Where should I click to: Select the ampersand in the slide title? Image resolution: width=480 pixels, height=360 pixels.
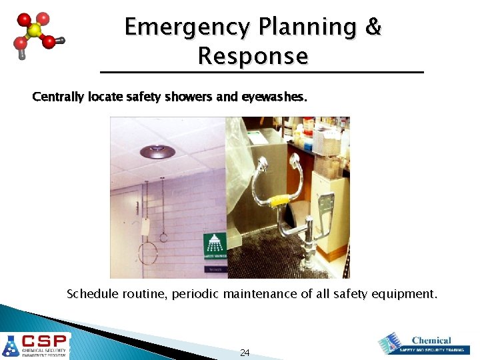click(x=373, y=27)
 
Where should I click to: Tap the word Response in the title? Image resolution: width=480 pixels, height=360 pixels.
click(x=253, y=57)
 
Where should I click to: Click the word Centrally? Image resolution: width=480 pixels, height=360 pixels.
click(x=57, y=97)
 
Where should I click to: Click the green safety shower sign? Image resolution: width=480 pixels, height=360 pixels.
click(x=215, y=246)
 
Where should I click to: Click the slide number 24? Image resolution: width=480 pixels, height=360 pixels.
click(x=245, y=352)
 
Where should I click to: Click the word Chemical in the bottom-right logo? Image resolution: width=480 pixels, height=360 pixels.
click(x=431, y=340)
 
